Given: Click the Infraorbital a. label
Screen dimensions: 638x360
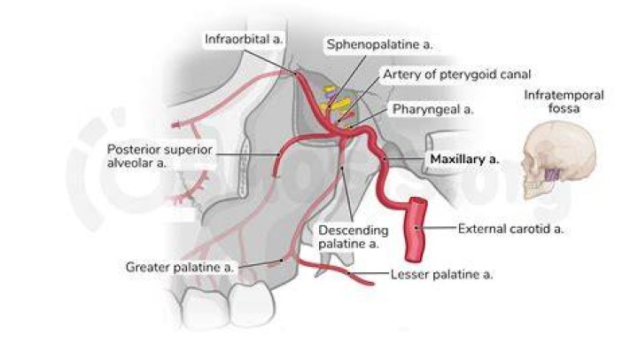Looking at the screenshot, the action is pos(244,39).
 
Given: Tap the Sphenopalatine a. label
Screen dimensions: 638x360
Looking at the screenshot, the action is pos(379,44).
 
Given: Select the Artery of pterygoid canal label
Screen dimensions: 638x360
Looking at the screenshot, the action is pos(457,74).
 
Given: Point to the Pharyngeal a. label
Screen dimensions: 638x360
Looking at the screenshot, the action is pos(433,109).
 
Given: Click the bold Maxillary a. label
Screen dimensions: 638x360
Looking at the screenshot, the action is pos(464,159).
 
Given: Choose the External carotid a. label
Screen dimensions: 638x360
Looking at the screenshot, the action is pos(510,229).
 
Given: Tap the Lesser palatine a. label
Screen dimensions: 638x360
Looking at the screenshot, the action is pos(441,275).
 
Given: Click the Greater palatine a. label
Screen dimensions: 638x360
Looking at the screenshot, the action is pos(179,267).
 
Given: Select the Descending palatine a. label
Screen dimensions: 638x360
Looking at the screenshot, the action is pos(354,237).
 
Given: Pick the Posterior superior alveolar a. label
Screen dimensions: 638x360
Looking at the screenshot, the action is pos(159,156).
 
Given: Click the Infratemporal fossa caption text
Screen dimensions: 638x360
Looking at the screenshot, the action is pos(564,101).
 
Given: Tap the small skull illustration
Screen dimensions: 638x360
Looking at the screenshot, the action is pos(558,160).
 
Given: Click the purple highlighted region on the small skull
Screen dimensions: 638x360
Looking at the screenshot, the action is pos(553,175).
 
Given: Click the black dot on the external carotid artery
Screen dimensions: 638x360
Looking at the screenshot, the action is pos(416,228).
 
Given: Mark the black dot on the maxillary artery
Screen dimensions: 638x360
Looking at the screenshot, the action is pos(384,159).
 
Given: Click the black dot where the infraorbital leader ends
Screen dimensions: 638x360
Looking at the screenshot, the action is pos(296,74).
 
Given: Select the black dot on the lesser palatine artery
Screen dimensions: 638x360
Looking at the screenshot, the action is pos(349,274).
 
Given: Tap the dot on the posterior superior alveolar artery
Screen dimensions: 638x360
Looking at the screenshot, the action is pos(278,155).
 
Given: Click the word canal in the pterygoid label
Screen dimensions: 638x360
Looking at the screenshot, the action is pos(516,74).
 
